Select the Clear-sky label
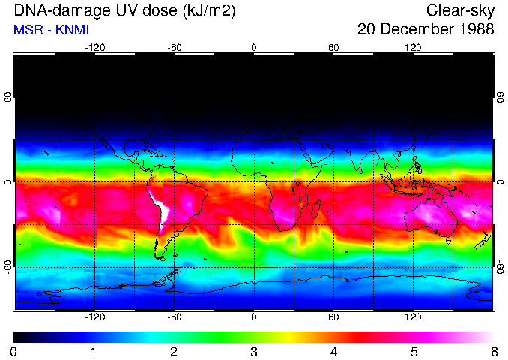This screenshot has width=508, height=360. click(x=460, y=11)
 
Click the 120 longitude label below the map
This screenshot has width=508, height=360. click(x=413, y=317)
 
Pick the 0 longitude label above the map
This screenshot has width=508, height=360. click(x=254, y=47)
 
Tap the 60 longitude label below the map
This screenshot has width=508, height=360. click(x=333, y=317)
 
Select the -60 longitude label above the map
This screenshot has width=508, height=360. click(x=174, y=47)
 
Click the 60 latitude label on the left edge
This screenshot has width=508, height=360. click(x=7, y=98)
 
